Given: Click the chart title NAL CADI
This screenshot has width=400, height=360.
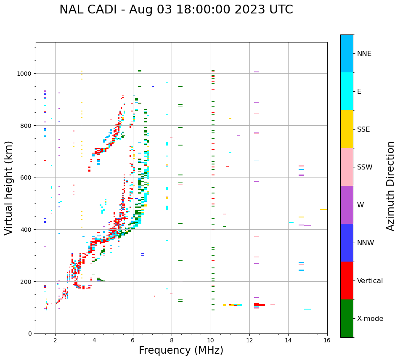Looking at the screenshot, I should pyautogui.click(x=176, y=10).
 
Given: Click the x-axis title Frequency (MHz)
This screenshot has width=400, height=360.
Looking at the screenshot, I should pyautogui.click(x=181, y=350).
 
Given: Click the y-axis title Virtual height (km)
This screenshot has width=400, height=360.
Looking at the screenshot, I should pyautogui.click(x=9, y=188).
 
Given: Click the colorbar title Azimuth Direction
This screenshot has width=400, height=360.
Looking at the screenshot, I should pyautogui.click(x=391, y=186).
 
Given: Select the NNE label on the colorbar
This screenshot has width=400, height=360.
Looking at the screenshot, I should pyautogui.click(x=364, y=53).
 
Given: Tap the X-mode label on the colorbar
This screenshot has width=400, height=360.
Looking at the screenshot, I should pyautogui.click(x=370, y=319).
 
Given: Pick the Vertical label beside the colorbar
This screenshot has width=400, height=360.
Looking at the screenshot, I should pyautogui.click(x=370, y=281).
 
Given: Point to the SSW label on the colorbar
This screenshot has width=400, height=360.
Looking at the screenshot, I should pyautogui.click(x=365, y=167).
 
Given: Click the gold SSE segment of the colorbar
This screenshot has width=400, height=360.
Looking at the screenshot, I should pyautogui.click(x=347, y=129).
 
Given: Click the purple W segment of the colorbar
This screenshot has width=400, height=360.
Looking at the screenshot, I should pyautogui.click(x=347, y=205).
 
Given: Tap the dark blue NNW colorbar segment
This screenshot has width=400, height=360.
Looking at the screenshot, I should pyautogui.click(x=347, y=243).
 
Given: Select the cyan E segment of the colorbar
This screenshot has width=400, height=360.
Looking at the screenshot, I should pyautogui.click(x=347, y=91).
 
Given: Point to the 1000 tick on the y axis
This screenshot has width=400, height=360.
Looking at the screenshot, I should pyautogui.click(x=25, y=74).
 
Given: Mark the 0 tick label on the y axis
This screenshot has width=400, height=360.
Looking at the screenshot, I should pyautogui.click(x=30, y=334).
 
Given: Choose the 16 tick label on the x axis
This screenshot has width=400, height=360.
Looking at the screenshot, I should pyautogui.click(x=327, y=341).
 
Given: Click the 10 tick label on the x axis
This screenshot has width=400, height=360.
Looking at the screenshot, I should pyautogui.click(x=211, y=341).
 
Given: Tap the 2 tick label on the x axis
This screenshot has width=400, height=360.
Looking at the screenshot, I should pyautogui.click(x=55, y=341).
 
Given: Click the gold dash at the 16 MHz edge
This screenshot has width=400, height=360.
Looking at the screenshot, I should pyautogui.click(x=323, y=209).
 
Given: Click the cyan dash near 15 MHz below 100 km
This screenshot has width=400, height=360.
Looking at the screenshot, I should pyautogui.click(x=307, y=309).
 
